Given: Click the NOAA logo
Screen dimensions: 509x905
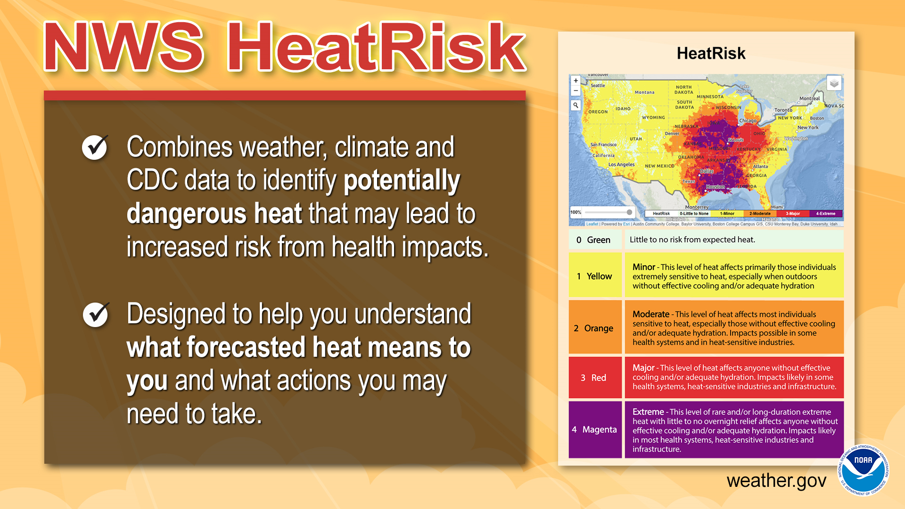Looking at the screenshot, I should click(863, 470).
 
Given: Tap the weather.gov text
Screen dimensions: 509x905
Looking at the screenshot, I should click(776, 481).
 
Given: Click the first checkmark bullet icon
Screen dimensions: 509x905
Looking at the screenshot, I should click(95, 147).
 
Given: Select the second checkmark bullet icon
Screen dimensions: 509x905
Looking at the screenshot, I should click(96, 314).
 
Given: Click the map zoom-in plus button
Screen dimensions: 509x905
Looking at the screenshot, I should click(576, 81).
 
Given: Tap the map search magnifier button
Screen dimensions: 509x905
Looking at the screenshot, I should click(576, 105).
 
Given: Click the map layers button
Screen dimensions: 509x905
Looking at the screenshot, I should click(834, 84).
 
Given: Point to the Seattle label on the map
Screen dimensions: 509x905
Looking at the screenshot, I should click(598, 85).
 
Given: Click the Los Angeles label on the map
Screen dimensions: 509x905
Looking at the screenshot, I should click(621, 164).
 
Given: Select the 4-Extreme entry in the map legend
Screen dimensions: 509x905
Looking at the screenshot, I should click(825, 213).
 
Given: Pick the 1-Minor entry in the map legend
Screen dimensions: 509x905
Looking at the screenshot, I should click(727, 213).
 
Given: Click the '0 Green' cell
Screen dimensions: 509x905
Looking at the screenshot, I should click(594, 240).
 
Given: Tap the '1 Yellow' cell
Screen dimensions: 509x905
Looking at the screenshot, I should click(595, 276).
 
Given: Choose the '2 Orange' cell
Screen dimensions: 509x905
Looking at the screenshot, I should click(594, 328).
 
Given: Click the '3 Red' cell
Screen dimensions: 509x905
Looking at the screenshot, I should click(594, 378).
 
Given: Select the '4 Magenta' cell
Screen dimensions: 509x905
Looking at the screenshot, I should click(594, 429).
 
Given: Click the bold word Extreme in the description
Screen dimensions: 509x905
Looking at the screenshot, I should click(648, 412).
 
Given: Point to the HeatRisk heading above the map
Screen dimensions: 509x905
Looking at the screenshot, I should click(711, 53).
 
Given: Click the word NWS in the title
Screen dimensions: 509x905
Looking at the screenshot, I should click(123, 47).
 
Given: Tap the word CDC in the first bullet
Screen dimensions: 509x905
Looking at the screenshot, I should click(152, 180).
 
